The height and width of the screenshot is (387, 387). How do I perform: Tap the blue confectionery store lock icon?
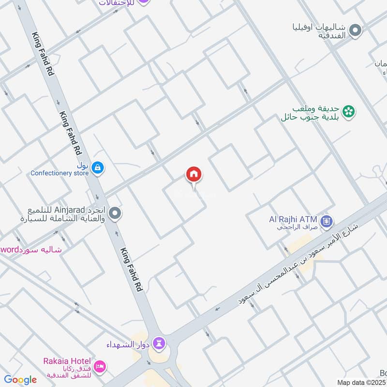(x=98, y=167)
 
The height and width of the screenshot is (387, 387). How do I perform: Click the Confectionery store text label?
(x=60, y=173)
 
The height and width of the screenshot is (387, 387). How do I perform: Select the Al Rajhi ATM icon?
(x=327, y=222)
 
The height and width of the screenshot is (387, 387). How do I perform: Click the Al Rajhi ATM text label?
(x=293, y=219)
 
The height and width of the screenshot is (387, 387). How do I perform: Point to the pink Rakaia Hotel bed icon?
(x=100, y=366)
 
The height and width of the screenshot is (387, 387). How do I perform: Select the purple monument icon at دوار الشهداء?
(x=160, y=344)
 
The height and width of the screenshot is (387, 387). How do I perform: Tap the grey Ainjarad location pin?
(x=115, y=213)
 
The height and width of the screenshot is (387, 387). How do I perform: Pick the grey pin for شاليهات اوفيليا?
(x=356, y=31)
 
